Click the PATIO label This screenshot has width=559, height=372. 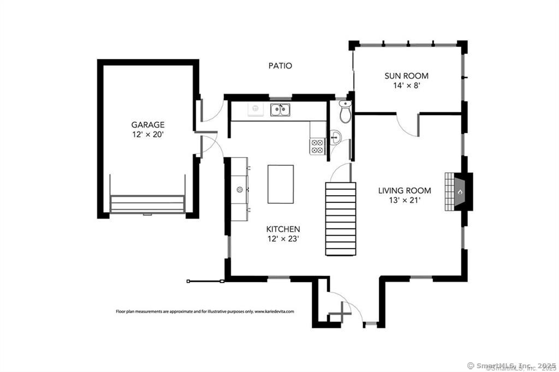point(280,65)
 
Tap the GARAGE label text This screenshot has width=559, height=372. point(148,125)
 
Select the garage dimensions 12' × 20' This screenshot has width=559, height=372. point(148,135)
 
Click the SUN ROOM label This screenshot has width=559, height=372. point(406,75)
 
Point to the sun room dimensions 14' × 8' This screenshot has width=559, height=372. point(406,86)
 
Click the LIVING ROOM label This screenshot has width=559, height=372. point(405,190)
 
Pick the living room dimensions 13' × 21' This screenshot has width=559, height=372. point(405,200)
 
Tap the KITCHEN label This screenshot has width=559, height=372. point(283,229)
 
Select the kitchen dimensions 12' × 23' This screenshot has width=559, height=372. point(283,239)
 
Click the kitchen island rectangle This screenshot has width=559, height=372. point(281,184)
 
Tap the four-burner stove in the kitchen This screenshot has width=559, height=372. point(318,146)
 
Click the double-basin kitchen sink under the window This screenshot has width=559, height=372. point(280,110)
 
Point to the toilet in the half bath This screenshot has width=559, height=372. point(345,111)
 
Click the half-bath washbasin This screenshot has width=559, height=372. point(335,137)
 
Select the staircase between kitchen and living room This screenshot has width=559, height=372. point(341,219)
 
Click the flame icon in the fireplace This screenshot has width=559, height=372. point(460,192)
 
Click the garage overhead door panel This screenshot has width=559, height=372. point(147,205)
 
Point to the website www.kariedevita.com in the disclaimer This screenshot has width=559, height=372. point(274,311)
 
